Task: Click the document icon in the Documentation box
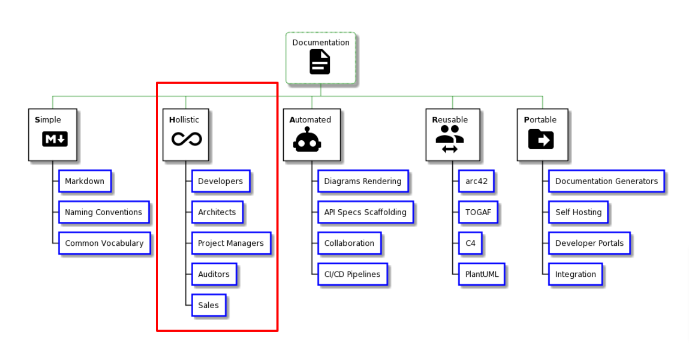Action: coord(320,62)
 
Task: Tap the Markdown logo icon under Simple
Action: coord(55,139)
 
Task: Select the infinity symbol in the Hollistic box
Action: coord(186,139)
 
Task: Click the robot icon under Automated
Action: coord(307,140)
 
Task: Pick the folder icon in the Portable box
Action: coord(541,139)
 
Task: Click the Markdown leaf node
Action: coord(85,181)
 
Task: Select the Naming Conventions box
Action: coord(104,212)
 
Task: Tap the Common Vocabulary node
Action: coord(104,243)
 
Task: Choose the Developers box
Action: coord(220,181)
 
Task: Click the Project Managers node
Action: coord(231,243)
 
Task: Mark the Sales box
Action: coord(208,305)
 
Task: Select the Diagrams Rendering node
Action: coord(363,181)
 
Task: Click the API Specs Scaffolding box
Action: coord(365,212)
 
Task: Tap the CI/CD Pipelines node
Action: coord(352,274)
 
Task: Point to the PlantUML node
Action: coord(482,274)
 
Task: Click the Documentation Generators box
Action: coord(606,181)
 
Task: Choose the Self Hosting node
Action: coord(579,212)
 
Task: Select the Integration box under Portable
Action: coord(575,274)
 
